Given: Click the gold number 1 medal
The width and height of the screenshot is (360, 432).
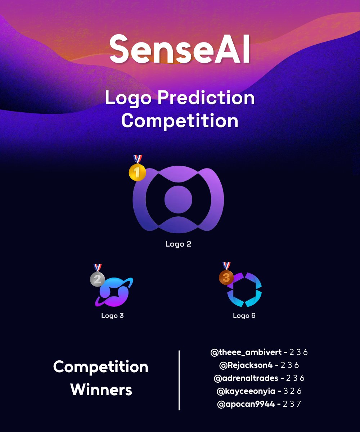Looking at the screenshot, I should point(137,172).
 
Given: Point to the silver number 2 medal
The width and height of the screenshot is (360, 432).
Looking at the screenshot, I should point(97,279).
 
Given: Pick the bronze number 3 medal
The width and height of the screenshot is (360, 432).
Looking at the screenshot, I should point(226,277).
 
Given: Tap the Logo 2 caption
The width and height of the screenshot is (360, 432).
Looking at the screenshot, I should point(178,244).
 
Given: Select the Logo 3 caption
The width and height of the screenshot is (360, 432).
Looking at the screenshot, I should point(112,316).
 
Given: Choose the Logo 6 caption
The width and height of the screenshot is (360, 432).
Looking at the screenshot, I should point(244,316).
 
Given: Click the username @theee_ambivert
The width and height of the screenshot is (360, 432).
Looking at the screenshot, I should point(246,352).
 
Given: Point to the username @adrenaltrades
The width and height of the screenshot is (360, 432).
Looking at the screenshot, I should point(246,378).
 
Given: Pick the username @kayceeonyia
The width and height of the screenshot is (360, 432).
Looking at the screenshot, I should point(246,391).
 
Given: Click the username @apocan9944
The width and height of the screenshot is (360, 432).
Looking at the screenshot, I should point(246,404).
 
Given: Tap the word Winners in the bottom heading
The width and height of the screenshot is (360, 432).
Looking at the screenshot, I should point(101,390).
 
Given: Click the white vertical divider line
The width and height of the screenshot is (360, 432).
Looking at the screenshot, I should point(179,380).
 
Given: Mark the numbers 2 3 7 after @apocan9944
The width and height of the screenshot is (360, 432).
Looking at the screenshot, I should point(292,404).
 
